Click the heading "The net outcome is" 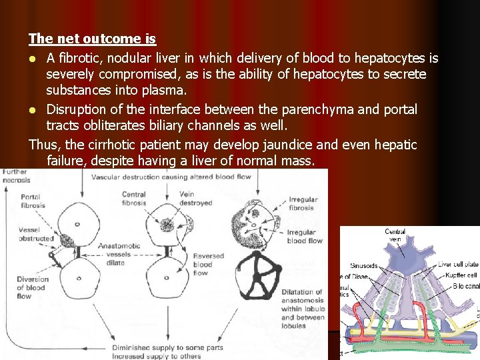click(92, 39)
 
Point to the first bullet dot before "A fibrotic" click(33, 60)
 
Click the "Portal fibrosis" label click(33, 201)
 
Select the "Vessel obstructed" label click(36, 234)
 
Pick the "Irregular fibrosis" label click(303, 203)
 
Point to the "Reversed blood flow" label click(209, 264)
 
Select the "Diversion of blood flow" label click(33, 287)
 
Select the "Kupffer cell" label click(462, 275)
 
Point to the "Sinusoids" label click(363, 266)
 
